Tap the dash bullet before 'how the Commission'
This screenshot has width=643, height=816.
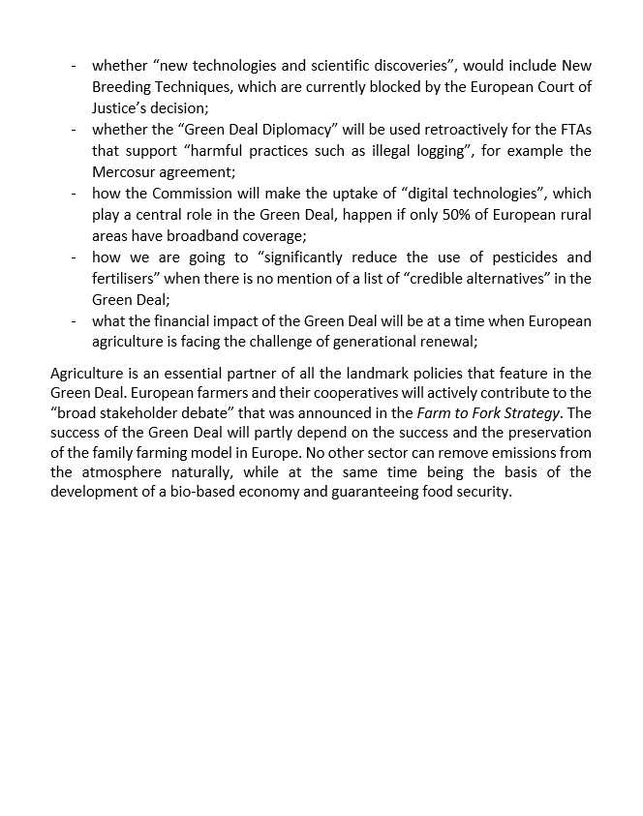pyautogui.click(x=74, y=194)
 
